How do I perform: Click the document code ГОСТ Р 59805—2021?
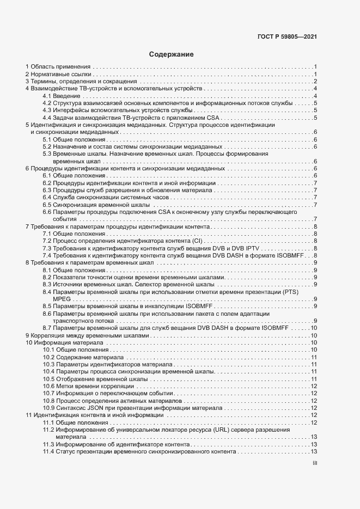click(x=287, y=37)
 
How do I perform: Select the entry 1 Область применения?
click(x=58, y=66)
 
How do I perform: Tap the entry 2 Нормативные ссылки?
click(x=58, y=73)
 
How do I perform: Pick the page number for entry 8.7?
click(x=314, y=328)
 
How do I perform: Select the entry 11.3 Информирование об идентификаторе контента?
click(x=116, y=444)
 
